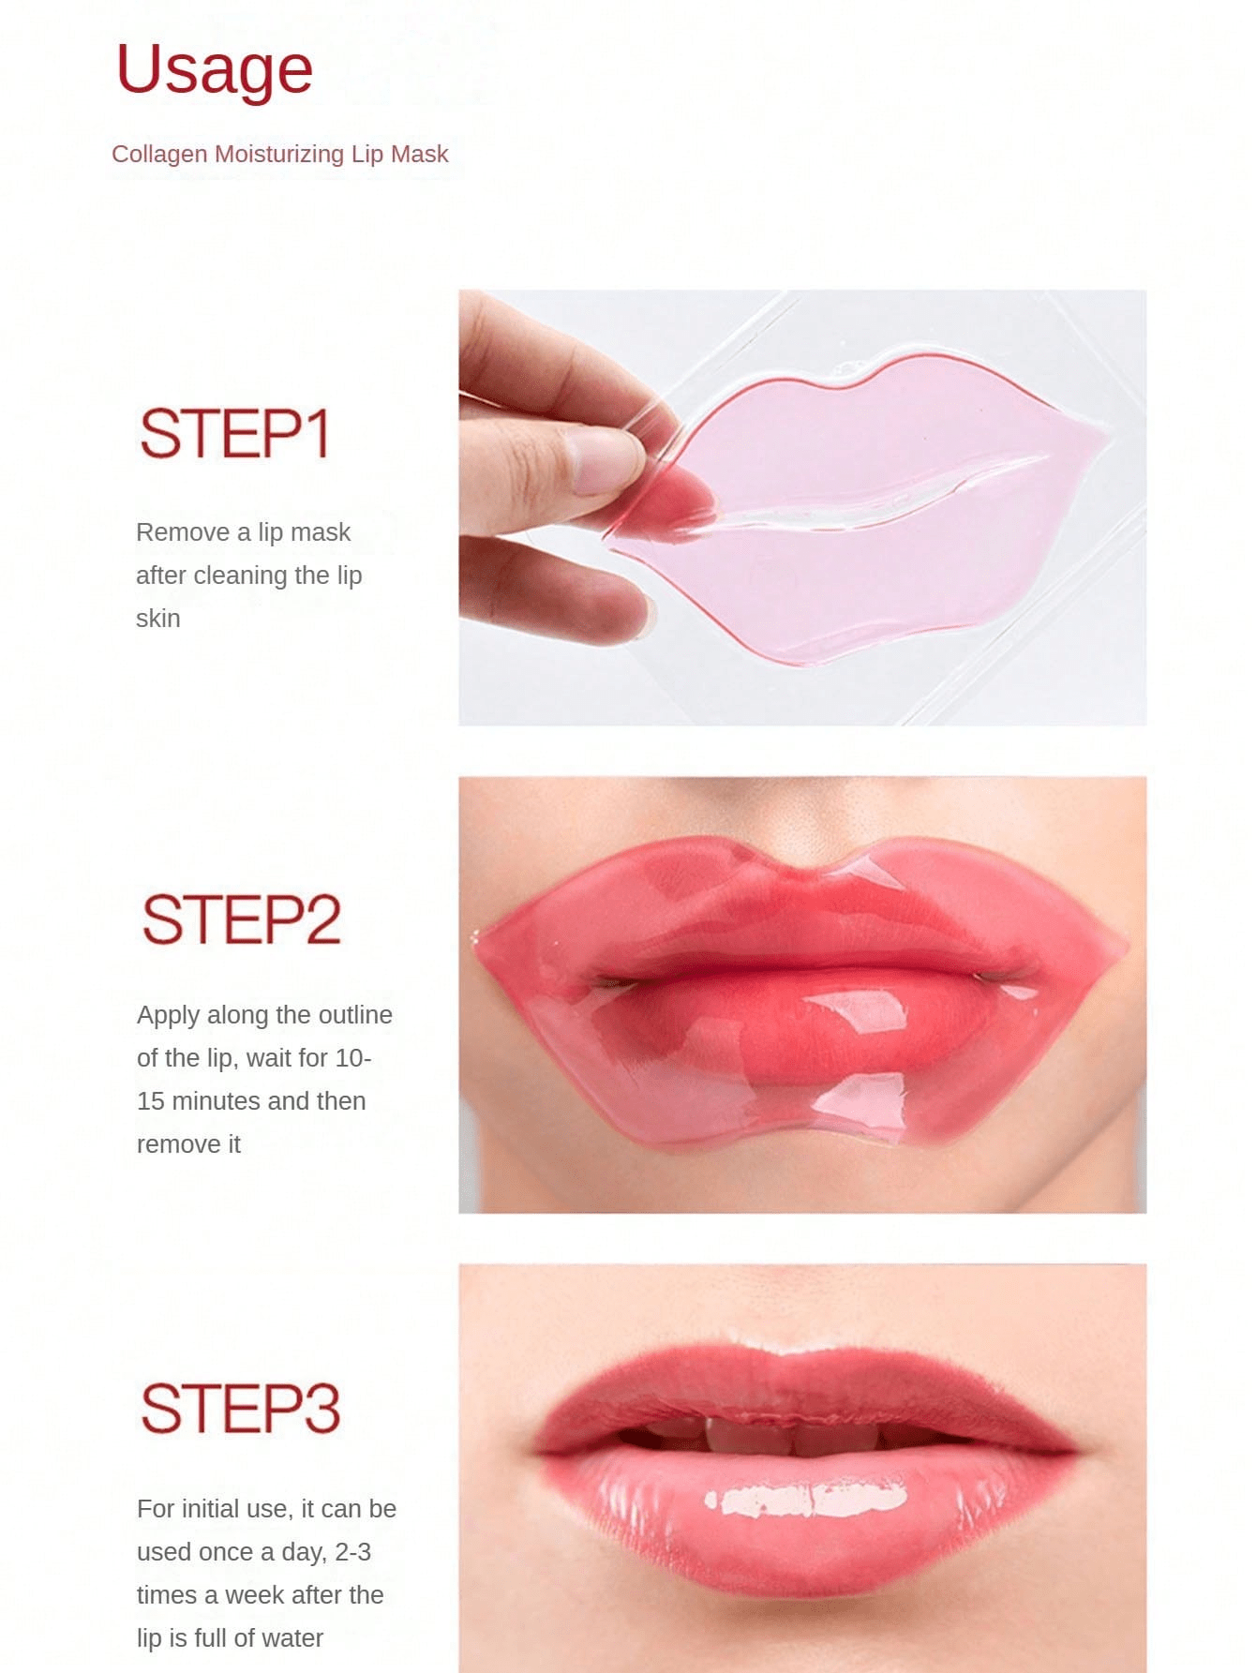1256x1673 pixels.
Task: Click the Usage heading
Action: point(214,69)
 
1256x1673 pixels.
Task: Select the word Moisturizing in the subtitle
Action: point(279,154)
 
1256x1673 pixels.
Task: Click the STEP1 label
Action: point(234,433)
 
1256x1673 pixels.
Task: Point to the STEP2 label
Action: point(241,919)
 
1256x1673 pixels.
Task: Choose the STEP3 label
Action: point(240,1408)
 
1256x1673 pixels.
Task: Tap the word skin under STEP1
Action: point(158,619)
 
